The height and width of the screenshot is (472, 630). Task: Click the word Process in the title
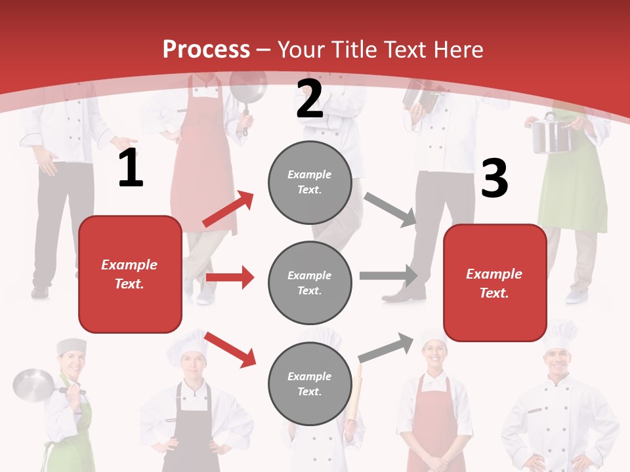[206, 50]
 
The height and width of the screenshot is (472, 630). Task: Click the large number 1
[131, 168]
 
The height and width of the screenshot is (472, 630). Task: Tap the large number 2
[310, 99]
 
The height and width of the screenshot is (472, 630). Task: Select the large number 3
[494, 179]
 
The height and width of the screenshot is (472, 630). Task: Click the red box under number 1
[130, 274]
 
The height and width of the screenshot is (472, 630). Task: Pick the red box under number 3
[495, 283]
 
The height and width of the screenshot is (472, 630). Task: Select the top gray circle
[310, 182]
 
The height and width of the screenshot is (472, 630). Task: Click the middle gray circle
[310, 283]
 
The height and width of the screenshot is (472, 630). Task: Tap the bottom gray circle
[310, 383]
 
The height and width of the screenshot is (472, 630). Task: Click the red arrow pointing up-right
[228, 209]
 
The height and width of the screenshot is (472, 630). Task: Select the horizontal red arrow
[230, 277]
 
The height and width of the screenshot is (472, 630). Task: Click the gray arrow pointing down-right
[390, 209]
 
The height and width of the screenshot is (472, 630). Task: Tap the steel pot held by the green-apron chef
[550, 134]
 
